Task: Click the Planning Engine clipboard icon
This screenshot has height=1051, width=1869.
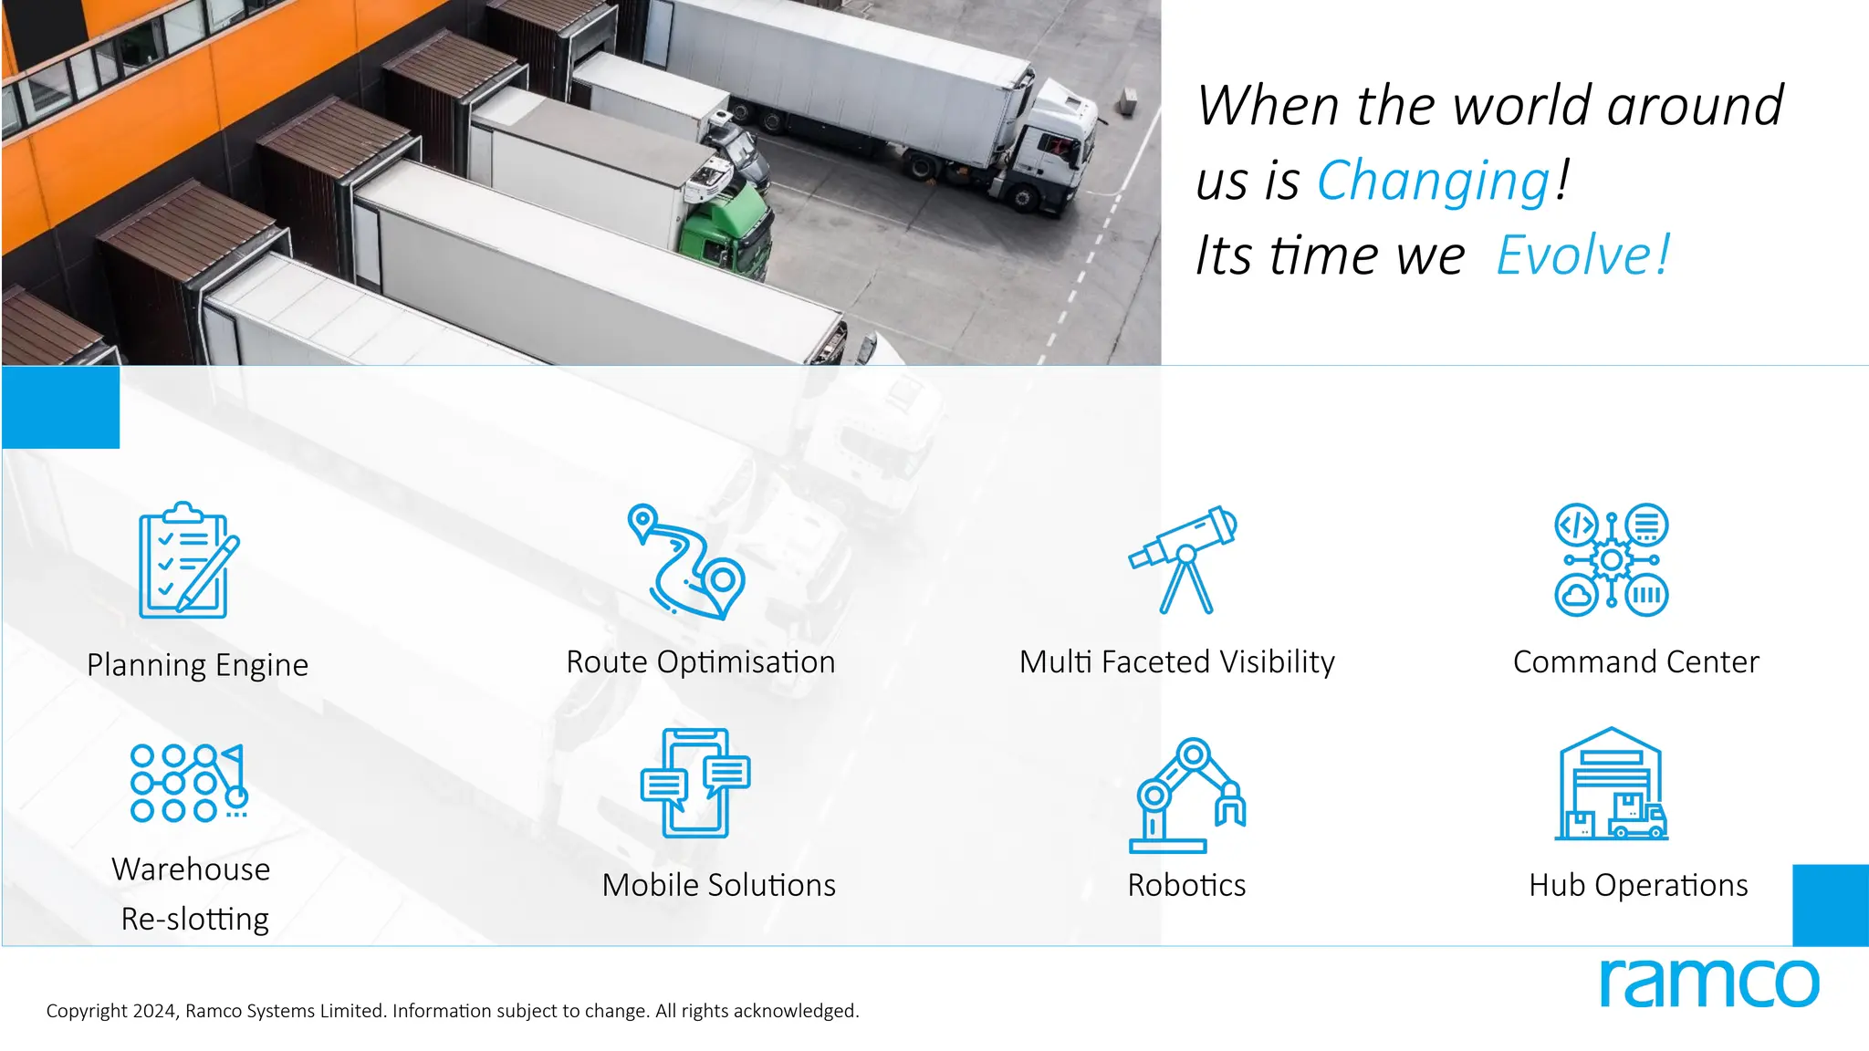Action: (x=186, y=561)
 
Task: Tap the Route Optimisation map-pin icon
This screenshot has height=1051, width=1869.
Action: (x=686, y=561)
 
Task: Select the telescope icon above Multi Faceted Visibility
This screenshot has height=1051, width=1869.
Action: (x=1184, y=559)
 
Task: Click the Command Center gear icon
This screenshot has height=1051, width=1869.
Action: (x=1612, y=559)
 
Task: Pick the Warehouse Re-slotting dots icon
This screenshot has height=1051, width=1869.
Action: (x=188, y=783)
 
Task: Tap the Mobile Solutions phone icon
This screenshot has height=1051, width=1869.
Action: (x=695, y=783)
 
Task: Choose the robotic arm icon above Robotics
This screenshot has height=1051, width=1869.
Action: (x=1186, y=795)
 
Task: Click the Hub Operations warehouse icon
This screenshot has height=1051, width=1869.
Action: (x=1612, y=784)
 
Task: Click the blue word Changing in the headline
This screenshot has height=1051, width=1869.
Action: (x=1433, y=181)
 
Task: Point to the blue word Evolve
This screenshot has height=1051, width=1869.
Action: (x=1582, y=255)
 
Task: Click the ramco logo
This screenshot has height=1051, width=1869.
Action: (x=1708, y=983)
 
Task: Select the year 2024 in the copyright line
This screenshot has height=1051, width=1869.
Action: (x=155, y=1011)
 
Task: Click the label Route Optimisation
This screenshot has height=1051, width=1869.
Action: (x=700, y=662)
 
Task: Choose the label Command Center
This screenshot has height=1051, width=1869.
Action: (x=1635, y=662)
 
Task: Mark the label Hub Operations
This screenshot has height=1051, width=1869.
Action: (x=1638, y=885)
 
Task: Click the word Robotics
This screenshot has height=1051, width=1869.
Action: (x=1186, y=885)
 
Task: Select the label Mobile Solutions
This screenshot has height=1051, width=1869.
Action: (x=718, y=885)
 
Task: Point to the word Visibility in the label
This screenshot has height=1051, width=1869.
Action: (x=1277, y=662)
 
